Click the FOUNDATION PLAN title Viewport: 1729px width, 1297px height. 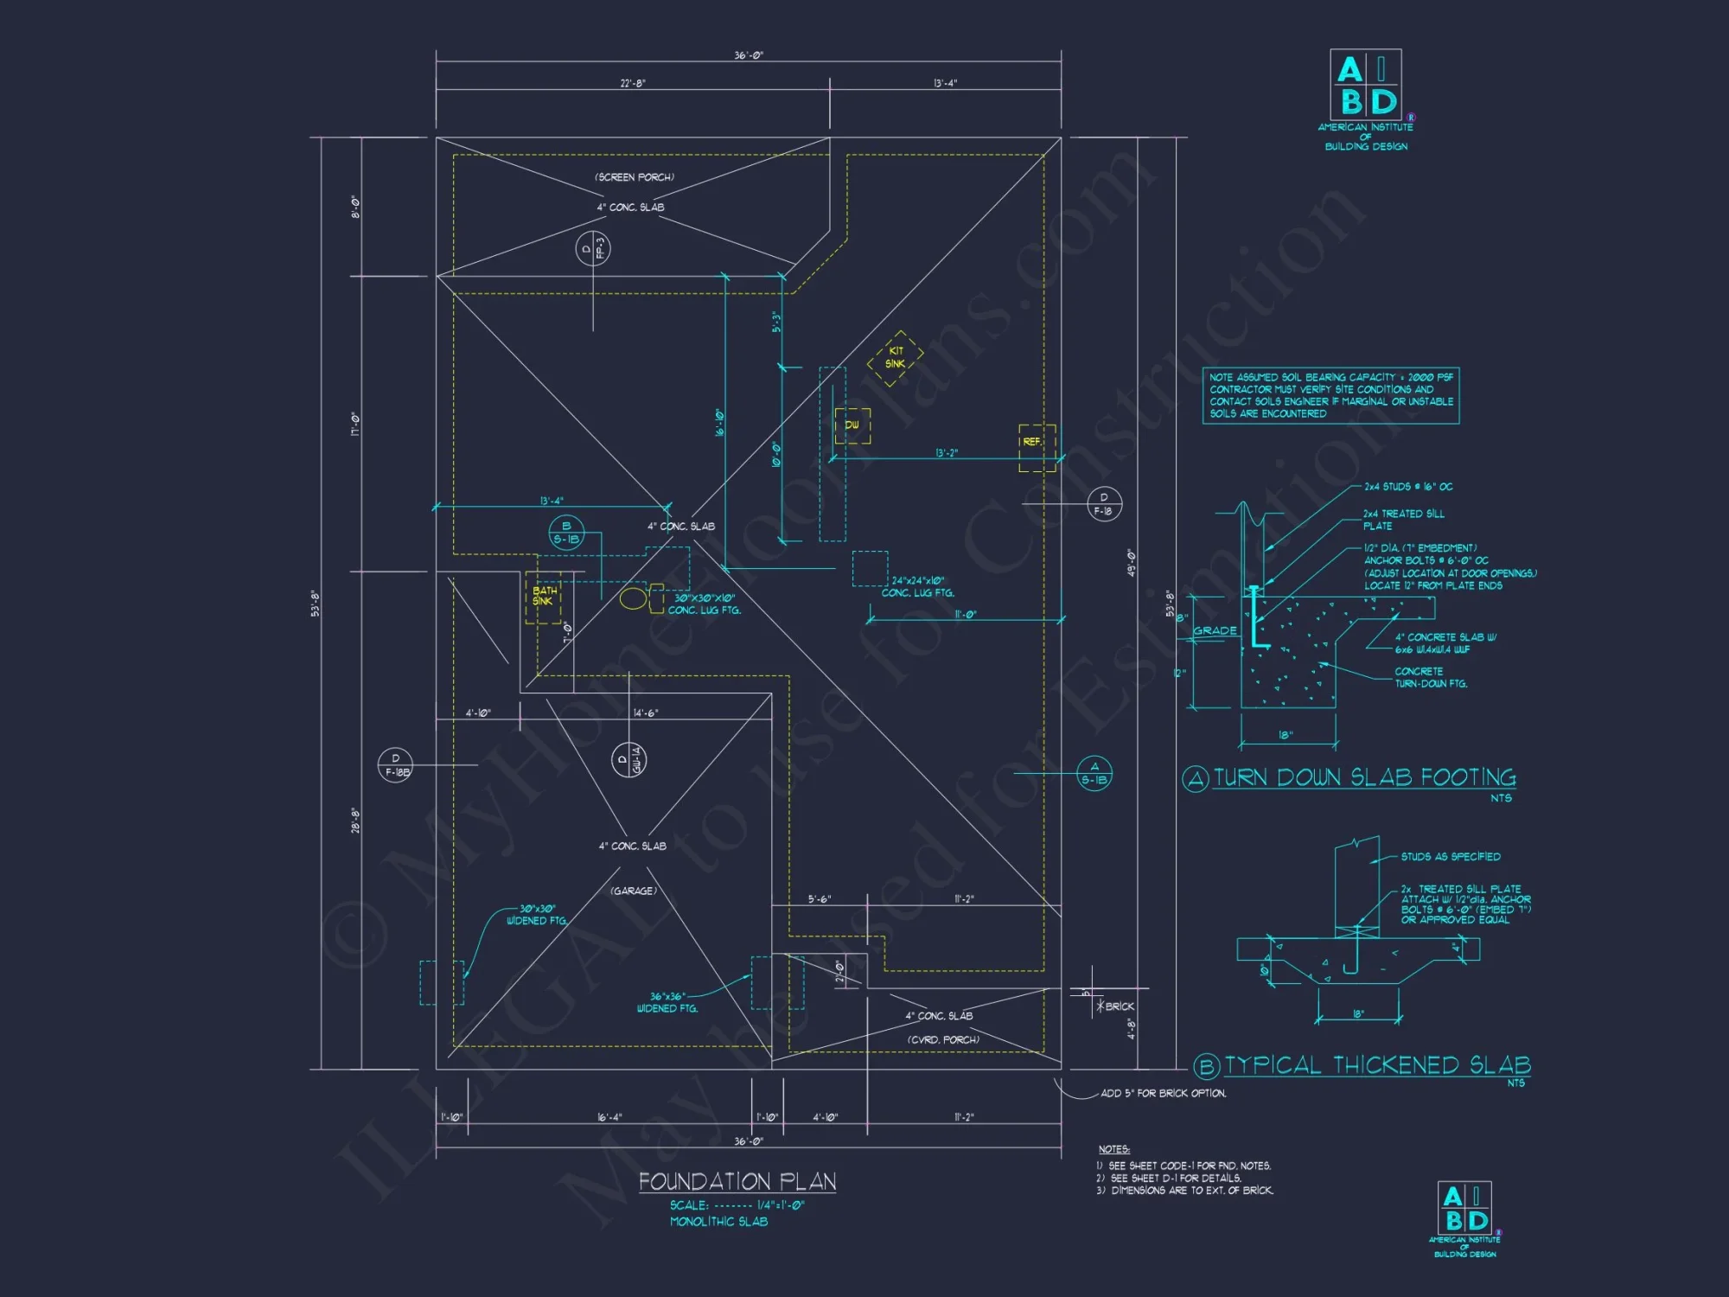737,1181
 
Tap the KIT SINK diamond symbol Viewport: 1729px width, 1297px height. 896,357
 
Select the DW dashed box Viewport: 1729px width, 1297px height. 852,425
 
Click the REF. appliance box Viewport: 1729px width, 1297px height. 1036,447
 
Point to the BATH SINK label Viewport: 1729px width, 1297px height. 544,596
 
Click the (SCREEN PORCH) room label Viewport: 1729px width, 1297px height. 635,177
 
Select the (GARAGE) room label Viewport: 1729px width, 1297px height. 634,891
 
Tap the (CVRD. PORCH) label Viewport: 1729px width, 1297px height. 943,1039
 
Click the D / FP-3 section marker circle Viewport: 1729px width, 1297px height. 593,249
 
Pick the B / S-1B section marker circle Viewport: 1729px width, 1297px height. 566,533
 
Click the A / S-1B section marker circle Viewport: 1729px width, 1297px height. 1094,773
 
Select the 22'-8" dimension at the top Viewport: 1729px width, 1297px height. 632,83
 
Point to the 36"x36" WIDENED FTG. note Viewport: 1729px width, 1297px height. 667,1002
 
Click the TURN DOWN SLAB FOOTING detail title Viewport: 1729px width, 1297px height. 1364,777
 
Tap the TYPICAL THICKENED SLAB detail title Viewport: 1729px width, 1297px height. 1377,1065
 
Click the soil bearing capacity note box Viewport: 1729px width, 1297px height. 1330,395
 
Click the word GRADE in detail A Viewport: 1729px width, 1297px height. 1215,630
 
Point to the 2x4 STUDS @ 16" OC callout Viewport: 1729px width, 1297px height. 1408,487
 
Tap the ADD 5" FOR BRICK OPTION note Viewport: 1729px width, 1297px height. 1163,1093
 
